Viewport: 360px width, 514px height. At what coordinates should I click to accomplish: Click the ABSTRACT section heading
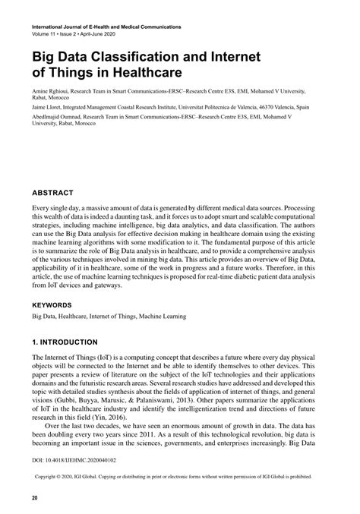click(52, 193)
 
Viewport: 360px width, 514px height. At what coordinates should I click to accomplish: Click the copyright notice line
click(179, 479)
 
